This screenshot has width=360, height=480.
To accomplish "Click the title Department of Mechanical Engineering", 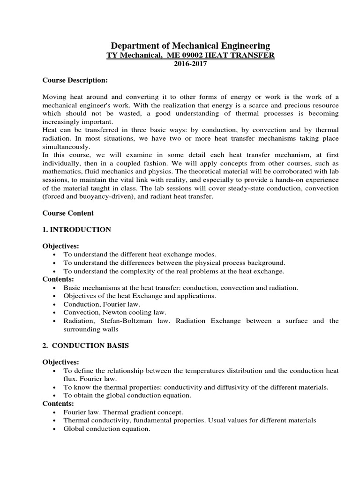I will (190, 45).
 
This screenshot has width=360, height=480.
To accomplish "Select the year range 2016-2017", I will (190, 64).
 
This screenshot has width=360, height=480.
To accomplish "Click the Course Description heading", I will (75, 80).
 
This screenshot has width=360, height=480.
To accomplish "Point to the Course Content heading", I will (68, 213).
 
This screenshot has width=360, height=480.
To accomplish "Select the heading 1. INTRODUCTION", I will (77, 229).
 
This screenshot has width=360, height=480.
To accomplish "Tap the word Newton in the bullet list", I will (113, 312).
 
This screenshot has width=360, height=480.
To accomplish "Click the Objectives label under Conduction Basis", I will (61, 362).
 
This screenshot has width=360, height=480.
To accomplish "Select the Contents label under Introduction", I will (59, 279).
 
